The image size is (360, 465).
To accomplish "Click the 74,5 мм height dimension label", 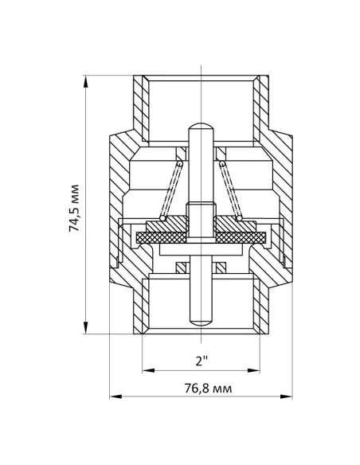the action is [x=74, y=208].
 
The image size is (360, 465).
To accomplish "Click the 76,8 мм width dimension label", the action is [x=208, y=389].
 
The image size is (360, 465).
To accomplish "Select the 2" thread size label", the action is [x=202, y=361].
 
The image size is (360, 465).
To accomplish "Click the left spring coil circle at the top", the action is [x=180, y=163].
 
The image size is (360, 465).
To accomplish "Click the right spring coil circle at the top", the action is [x=222, y=163].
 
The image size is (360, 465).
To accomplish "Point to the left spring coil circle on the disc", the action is [x=162, y=218].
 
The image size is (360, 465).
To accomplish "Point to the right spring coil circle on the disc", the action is [x=239, y=218].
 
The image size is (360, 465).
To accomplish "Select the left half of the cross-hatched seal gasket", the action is [x=162, y=237].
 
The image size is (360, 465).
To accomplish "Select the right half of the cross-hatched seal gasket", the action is [x=241, y=237].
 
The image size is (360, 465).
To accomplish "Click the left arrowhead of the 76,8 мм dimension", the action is [x=115, y=397].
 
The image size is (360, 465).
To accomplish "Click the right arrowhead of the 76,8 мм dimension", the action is [x=286, y=397].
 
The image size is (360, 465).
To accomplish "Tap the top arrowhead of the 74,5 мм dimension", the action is [x=86, y=81].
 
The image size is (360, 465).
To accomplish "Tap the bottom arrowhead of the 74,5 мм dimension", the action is [x=86, y=328].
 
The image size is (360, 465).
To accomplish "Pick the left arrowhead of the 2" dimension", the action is [x=149, y=370].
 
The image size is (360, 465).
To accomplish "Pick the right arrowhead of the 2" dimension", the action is [x=253, y=370].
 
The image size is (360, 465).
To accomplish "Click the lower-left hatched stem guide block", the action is [x=181, y=268].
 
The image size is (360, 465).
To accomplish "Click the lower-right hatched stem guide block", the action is [x=221, y=268].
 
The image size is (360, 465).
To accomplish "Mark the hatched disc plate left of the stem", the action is [x=167, y=225].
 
